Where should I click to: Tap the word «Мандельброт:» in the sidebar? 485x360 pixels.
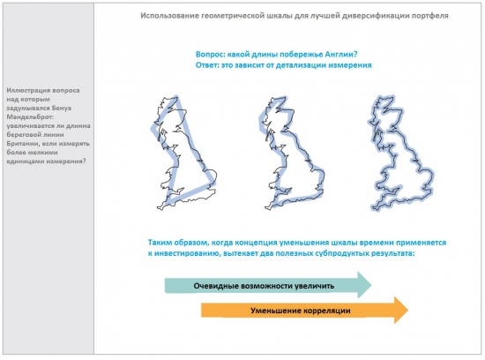coord(30,117)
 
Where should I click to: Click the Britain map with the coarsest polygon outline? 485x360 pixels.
coord(184,153)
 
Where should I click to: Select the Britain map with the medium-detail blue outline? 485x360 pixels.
coord(292,153)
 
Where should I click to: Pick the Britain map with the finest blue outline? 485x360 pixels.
coord(401,154)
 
